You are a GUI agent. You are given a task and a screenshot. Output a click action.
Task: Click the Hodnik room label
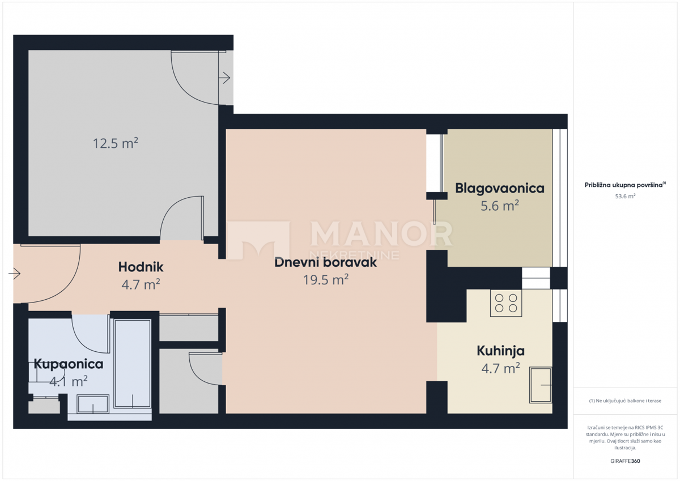point(141,267)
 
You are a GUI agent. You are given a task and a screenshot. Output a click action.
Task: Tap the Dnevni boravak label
point(325,262)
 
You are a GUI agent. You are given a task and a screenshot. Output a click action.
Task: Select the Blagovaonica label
point(500,189)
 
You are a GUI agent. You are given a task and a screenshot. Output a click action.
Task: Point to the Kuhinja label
point(500,351)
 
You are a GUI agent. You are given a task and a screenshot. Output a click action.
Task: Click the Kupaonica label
point(69,364)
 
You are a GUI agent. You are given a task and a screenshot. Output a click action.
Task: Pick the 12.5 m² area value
point(116,143)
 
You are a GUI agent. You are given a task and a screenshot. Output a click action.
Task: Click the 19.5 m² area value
point(326,279)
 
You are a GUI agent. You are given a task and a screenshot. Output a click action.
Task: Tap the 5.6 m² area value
point(500,206)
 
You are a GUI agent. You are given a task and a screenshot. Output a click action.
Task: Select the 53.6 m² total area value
point(626,196)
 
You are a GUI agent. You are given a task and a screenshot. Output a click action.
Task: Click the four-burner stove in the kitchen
point(505,303)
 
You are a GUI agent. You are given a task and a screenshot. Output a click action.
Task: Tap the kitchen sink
point(541,385)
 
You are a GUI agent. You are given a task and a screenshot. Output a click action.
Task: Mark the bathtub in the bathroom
point(133,364)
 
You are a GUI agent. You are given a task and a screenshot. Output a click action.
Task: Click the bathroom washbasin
point(92,404)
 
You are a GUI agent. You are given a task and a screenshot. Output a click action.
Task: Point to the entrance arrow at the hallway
point(14,274)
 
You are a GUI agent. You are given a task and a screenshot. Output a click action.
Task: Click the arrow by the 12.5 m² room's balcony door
point(224,78)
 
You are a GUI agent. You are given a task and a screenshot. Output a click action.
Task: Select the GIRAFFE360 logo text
point(625,461)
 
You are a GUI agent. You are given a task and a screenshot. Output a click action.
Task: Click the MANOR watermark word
point(381,233)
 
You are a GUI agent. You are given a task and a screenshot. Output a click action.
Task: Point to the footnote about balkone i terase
point(625,401)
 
